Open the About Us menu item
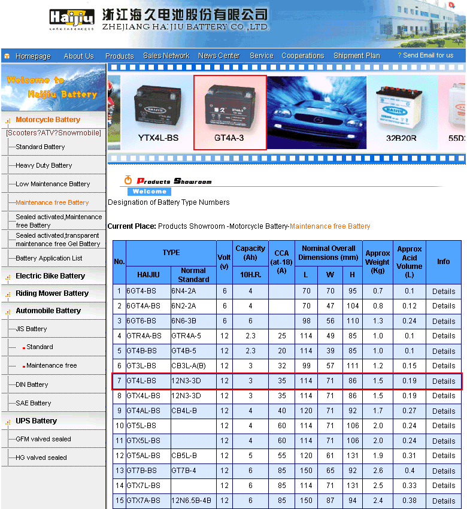pyautogui.click(x=78, y=56)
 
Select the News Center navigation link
pyautogui.click(x=219, y=56)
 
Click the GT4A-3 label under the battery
pyautogui.click(x=229, y=138)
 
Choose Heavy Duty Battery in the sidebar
pyautogui.click(x=44, y=165)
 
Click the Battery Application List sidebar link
pyautogui.click(x=49, y=258)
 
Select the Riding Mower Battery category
pyautogui.click(x=52, y=293)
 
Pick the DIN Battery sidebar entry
pyautogui.click(x=32, y=384)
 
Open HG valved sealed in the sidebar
pyautogui.click(x=41, y=458)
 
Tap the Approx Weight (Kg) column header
pyautogui.click(x=378, y=262)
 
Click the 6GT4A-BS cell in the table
pyautogui.click(x=143, y=306)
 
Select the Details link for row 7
pyautogui.click(x=444, y=381)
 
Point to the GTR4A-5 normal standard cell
pyautogui.click(x=186, y=336)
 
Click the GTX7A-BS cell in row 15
pyautogui.click(x=143, y=501)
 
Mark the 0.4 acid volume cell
pyautogui.click(x=410, y=471)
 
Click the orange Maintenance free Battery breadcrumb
pyautogui.click(x=330, y=226)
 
